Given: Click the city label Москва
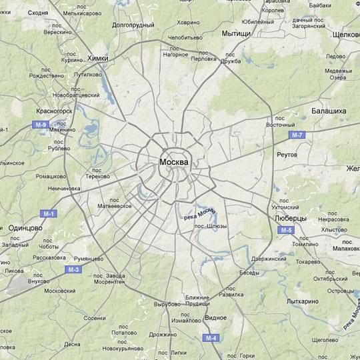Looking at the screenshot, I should tap(174, 162).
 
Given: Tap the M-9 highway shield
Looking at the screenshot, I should tap(41, 125).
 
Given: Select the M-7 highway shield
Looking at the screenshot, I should tap(297, 135).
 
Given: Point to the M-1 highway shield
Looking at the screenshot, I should tap(48, 213).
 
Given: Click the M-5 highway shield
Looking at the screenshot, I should tap(286, 230).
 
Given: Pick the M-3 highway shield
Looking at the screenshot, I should tap(73, 269).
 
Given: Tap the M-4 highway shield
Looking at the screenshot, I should tap(211, 338).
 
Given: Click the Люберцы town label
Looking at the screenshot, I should tap(290, 218).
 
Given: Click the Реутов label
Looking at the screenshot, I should tap(287, 154).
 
